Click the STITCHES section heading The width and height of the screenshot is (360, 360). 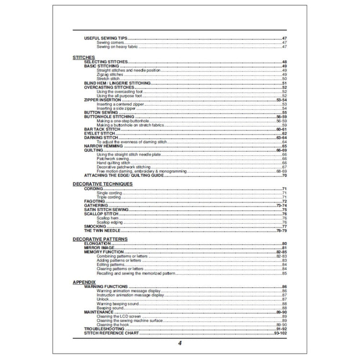(x=83, y=57)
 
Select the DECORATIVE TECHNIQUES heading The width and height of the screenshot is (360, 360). (x=102, y=184)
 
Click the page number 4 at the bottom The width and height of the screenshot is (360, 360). (x=180, y=344)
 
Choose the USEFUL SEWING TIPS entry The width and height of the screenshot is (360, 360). (x=105, y=38)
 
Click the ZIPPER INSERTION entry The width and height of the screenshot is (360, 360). (x=103, y=100)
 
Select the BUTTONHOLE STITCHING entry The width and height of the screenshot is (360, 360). (x=109, y=117)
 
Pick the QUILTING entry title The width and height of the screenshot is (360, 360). (x=94, y=150)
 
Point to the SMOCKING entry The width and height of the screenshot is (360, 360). (x=95, y=227)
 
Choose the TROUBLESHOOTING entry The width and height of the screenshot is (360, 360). (x=104, y=328)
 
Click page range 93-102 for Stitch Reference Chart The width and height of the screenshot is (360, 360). (x=280, y=333)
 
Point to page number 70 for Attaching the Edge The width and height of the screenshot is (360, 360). (x=284, y=176)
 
